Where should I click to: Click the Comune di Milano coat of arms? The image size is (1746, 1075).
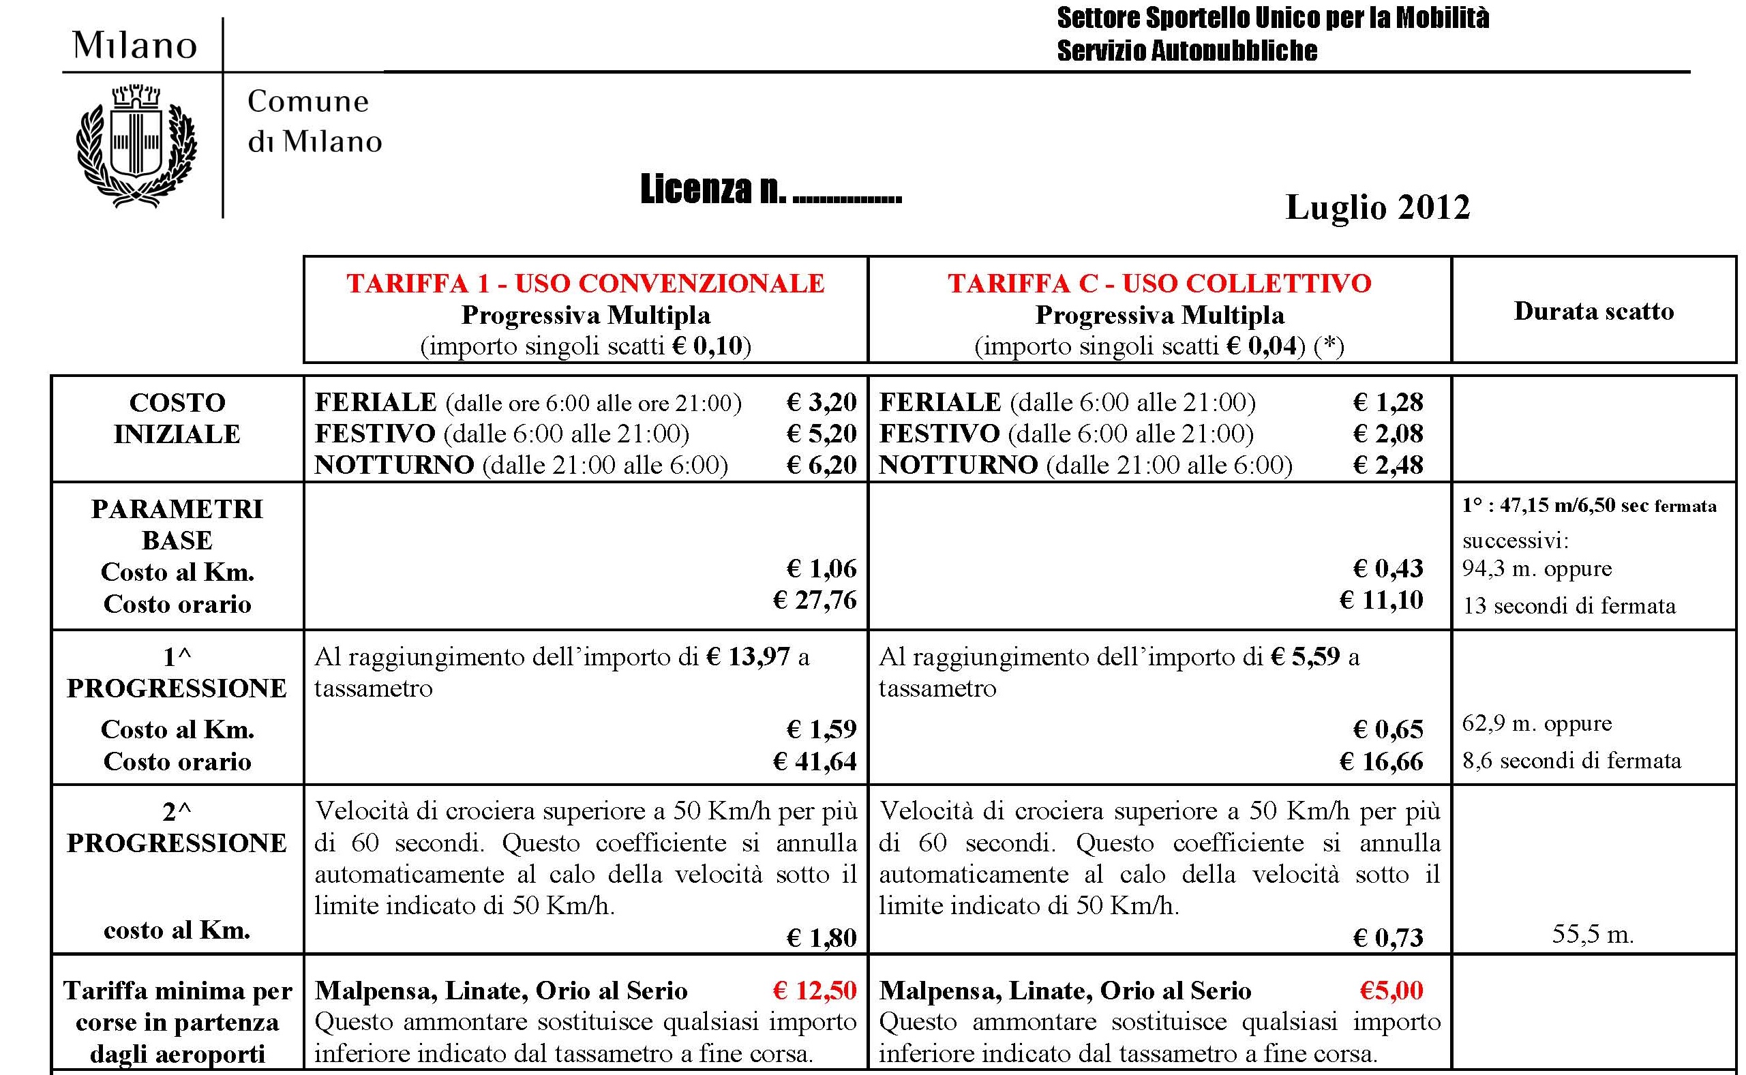pos(136,146)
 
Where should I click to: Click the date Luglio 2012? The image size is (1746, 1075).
pos(1377,208)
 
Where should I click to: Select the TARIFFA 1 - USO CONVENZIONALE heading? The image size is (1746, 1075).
pos(585,284)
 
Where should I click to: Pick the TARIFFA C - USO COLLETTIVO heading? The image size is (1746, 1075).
pos(1159,284)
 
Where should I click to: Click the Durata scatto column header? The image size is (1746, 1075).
pos(1593,312)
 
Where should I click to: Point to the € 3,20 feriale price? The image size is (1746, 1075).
pos(821,403)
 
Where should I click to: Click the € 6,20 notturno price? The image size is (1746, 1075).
pos(821,466)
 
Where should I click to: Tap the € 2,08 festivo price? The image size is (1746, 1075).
pos(1387,434)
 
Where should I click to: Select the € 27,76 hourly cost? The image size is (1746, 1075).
pos(815,601)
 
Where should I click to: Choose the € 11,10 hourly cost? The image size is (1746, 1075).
pos(1381,601)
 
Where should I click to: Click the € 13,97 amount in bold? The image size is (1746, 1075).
pos(748,657)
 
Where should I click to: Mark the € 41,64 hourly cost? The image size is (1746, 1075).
pos(815,762)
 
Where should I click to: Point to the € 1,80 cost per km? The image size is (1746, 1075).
pos(821,939)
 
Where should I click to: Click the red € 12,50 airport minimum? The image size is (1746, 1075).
pos(815,991)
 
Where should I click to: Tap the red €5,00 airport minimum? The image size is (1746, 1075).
pos(1391,991)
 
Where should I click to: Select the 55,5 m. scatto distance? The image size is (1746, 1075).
pos(1593,934)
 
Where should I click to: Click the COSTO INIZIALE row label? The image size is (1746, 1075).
pos(177,418)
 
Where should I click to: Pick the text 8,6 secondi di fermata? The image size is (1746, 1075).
pos(1571,761)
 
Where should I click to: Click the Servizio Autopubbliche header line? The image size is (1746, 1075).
pos(1186,51)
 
